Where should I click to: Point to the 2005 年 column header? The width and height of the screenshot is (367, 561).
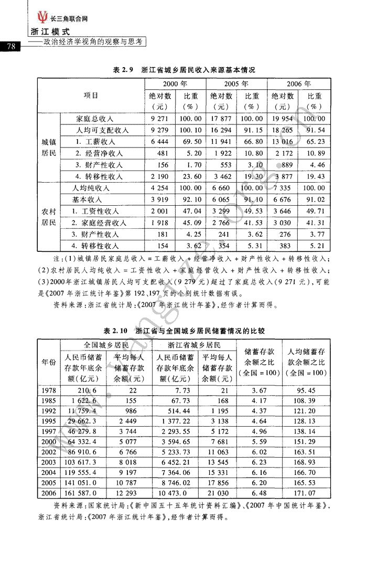[236, 84]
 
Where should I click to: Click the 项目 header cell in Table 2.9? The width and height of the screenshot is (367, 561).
[91, 96]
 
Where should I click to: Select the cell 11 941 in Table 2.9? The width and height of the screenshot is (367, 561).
[221, 142]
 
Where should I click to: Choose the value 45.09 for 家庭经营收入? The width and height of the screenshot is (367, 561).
[190, 223]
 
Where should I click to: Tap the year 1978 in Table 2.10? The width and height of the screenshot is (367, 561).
[49, 390]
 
